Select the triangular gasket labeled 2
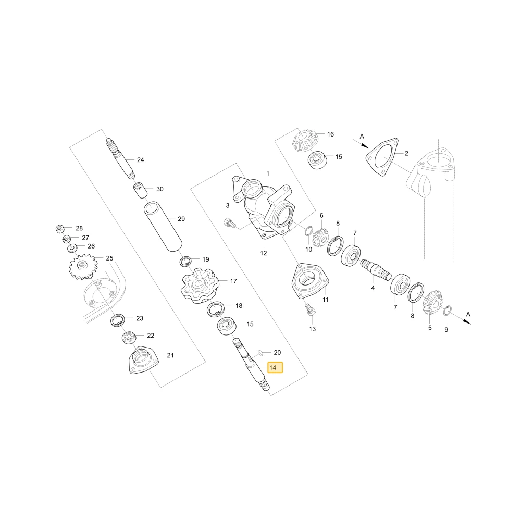tap(382, 157)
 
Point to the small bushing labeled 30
tap(140, 190)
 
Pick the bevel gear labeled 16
tap(305, 142)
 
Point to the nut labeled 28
tap(60, 228)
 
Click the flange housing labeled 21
tap(143, 361)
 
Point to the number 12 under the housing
tap(264, 253)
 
